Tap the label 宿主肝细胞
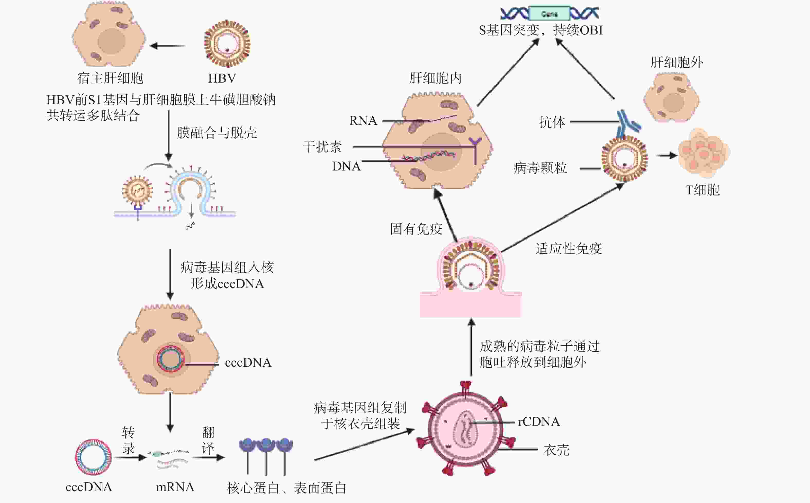click(x=110, y=78)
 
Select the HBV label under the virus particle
click(x=222, y=78)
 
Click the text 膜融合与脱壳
click(x=217, y=133)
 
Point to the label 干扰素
click(x=322, y=147)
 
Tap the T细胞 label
click(x=703, y=190)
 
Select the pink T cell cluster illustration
click(x=703, y=153)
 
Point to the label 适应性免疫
click(x=569, y=248)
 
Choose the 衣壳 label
click(x=556, y=450)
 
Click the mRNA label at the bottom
click(x=175, y=487)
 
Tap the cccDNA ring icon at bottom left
click(x=93, y=457)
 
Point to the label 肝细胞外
click(x=677, y=62)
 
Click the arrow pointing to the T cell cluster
click(x=666, y=155)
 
